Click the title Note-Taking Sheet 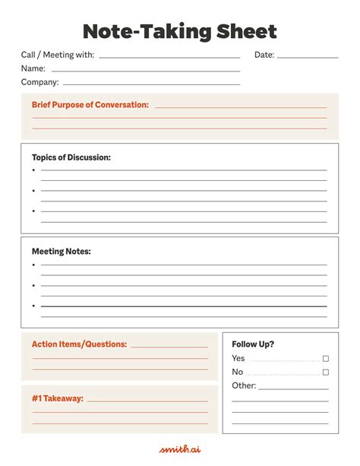click(x=179, y=31)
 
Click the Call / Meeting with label click(x=58, y=55)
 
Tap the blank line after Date click(x=308, y=57)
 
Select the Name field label click(x=33, y=68)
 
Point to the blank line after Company click(x=151, y=84)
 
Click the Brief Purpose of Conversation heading click(x=90, y=105)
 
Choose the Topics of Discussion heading click(x=71, y=157)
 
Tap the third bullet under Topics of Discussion click(x=34, y=211)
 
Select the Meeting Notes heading click(x=61, y=251)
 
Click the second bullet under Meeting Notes click(x=34, y=285)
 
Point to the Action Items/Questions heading click(x=79, y=344)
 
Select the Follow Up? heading click(x=253, y=344)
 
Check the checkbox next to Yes click(x=326, y=358)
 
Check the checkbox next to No click(x=326, y=372)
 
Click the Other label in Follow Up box click(x=244, y=385)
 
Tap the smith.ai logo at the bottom click(x=179, y=449)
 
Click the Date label click(x=264, y=55)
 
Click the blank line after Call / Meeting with click(x=169, y=57)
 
